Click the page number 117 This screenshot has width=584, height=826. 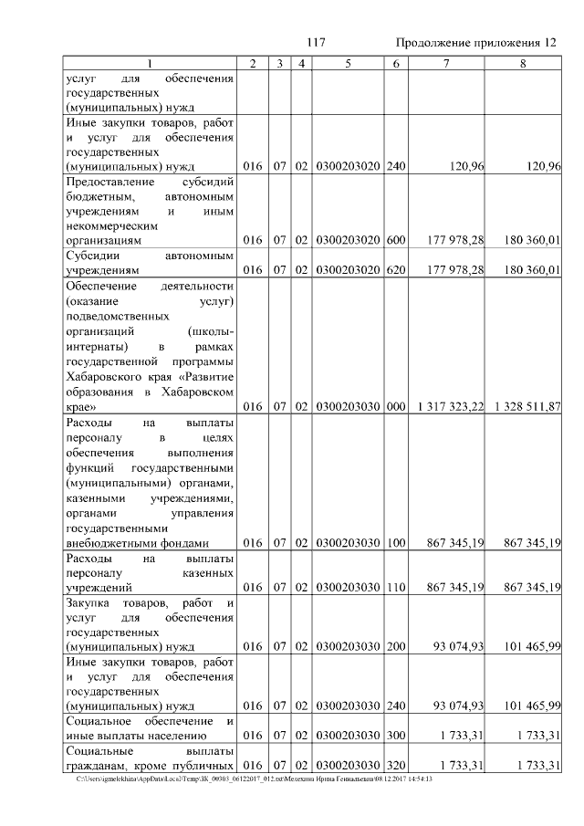(x=317, y=43)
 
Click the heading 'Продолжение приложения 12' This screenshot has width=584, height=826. (x=476, y=43)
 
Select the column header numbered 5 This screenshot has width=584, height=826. (x=348, y=63)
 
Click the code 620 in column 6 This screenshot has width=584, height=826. (x=395, y=271)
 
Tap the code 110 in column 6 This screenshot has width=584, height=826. (x=395, y=587)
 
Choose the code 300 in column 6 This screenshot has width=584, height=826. (x=395, y=735)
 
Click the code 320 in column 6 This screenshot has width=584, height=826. (x=395, y=764)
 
